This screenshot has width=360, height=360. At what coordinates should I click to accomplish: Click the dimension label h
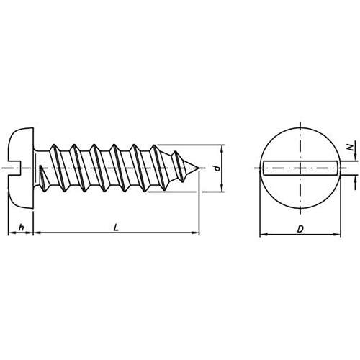22,227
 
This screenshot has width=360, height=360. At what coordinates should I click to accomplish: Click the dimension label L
116,228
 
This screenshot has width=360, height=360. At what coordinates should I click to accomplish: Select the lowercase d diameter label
217,168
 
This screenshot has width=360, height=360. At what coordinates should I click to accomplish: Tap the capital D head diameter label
300,229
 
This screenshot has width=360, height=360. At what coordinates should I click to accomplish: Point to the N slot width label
351,147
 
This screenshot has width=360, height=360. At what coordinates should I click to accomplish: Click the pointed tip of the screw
199,168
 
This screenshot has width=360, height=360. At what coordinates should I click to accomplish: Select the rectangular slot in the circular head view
300,168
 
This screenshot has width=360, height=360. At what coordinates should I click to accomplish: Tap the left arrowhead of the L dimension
36,233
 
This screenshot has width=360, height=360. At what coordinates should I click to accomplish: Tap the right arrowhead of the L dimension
196,233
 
